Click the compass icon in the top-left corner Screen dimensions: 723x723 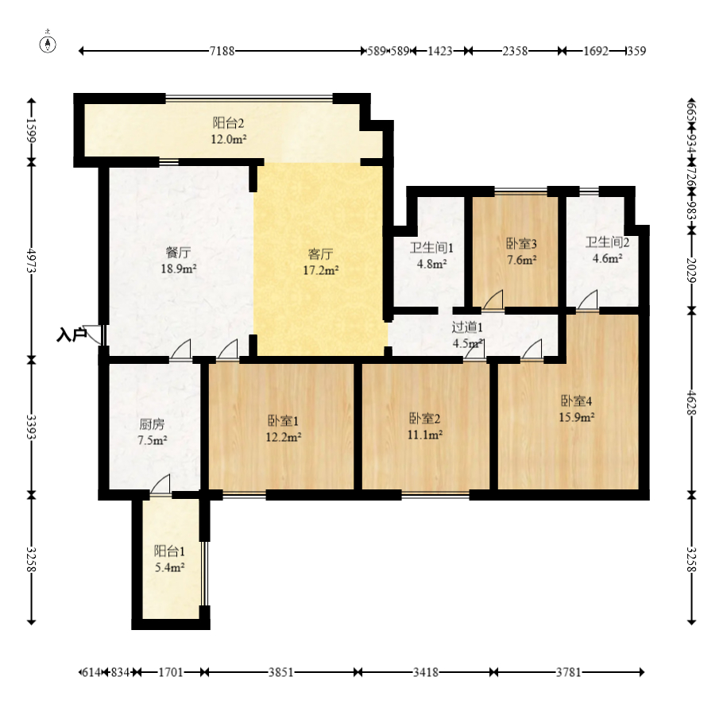(48, 44)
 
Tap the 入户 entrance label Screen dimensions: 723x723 (72, 334)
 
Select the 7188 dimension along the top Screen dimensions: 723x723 (222, 51)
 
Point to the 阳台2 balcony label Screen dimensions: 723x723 (228, 123)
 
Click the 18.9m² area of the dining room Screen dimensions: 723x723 (179, 269)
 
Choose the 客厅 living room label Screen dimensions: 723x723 (320, 254)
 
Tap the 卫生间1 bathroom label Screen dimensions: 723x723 (431, 248)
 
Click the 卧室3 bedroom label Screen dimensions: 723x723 (521, 243)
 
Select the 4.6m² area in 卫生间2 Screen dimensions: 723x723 (607, 258)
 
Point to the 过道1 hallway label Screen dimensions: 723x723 (467, 327)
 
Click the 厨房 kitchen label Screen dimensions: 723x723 (152, 424)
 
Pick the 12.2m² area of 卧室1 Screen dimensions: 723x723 (284, 437)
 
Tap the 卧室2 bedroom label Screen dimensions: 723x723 (425, 418)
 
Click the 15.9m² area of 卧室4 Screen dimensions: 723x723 (576, 417)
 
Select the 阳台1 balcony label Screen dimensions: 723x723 (169, 551)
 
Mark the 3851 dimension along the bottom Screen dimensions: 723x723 (281, 672)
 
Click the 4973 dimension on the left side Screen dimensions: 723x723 (31, 261)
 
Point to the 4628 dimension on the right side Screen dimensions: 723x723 (690, 403)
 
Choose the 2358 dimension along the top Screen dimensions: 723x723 (515, 51)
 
